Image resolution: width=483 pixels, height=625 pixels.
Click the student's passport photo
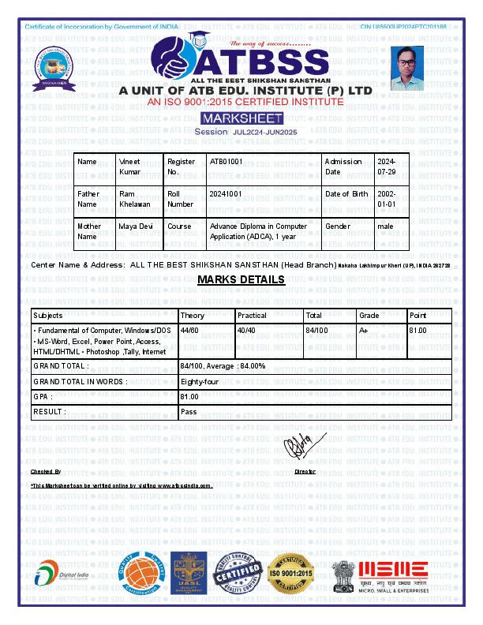(407, 68)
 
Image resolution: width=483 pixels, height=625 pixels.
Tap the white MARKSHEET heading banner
(237, 118)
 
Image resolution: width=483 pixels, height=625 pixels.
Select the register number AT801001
(226, 161)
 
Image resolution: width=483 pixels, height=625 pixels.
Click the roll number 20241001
(226, 193)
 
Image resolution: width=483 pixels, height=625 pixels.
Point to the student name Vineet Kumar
(129, 166)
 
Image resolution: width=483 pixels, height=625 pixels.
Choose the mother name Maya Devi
(135, 226)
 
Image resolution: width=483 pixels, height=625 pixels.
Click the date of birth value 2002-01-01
(387, 198)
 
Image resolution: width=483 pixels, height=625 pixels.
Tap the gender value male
(385, 226)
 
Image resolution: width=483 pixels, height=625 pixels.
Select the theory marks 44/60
(189, 330)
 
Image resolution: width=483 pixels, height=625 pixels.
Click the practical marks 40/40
(246, 330)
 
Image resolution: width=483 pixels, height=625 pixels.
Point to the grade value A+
(364, 330)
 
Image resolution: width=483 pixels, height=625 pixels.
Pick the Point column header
(418, 315)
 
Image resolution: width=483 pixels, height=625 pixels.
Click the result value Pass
(189, 411)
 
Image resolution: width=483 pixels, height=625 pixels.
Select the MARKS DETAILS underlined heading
(241, 280)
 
